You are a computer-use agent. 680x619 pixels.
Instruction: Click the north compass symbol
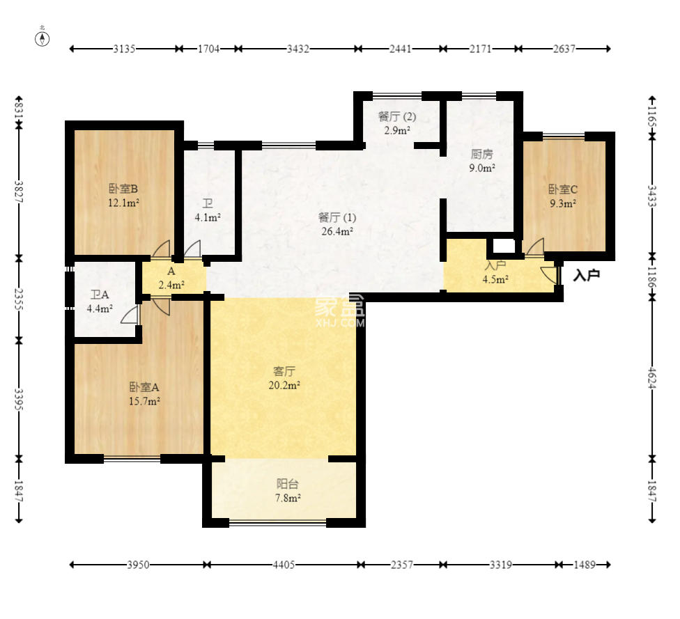[42, 38]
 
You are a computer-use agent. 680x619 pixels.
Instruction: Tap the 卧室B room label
[123, 189]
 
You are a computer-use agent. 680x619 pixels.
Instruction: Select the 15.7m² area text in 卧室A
[144, 401]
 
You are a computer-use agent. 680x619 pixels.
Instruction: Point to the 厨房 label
[482, 154]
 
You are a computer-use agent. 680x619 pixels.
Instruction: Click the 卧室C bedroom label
[563, 189]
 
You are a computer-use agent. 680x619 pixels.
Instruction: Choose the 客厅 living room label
[284, 371]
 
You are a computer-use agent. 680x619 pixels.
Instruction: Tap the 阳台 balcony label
[288, 484]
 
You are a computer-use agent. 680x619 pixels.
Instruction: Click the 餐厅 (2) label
[397, 116]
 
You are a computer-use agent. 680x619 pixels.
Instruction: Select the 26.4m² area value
[337, 231]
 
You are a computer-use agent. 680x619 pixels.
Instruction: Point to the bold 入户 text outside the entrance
[587, 275]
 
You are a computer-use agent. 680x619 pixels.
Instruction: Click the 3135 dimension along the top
[124, 49]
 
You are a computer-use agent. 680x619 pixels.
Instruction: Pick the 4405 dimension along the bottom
[284, 565]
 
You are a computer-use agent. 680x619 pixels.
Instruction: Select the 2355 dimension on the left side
[19, 299]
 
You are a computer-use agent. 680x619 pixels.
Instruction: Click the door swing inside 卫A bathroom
[130, 314]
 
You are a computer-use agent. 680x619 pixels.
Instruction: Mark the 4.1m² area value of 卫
[208, 218]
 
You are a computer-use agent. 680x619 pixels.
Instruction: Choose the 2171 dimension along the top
[481, 49]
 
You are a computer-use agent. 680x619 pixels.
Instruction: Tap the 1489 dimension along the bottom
[585, 565]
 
